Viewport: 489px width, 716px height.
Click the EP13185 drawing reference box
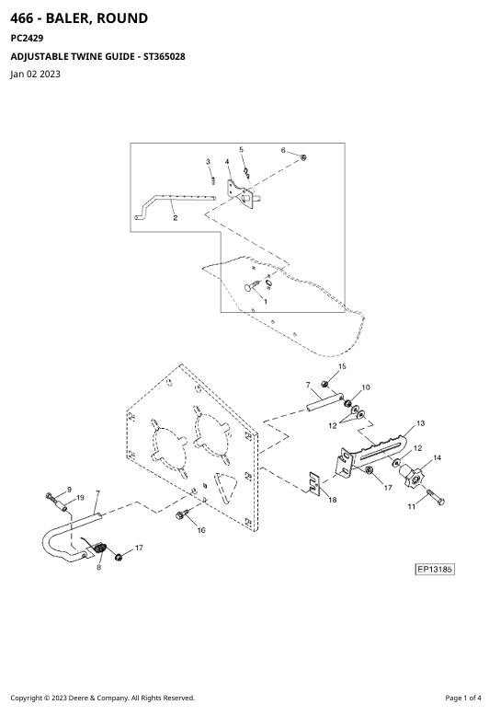435,569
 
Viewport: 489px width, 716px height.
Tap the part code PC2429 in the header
27,39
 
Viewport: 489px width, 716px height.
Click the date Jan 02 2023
35,74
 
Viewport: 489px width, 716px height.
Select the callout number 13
420,423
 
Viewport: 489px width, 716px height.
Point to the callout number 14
437,457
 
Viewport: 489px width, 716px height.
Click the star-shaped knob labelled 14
413,478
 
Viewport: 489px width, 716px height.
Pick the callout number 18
333,500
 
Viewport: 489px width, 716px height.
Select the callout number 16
201,530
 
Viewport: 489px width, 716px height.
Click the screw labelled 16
180,515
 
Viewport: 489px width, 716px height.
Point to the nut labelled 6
304,157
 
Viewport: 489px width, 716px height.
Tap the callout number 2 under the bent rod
176,218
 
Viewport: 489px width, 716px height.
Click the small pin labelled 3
213,179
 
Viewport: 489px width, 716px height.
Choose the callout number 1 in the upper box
266,301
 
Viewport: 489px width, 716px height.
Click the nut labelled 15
324,384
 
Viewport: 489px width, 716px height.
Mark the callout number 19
80,498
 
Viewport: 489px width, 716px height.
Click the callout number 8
98,567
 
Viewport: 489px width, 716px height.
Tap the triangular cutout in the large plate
226,488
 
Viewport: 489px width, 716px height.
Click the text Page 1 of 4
463,698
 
